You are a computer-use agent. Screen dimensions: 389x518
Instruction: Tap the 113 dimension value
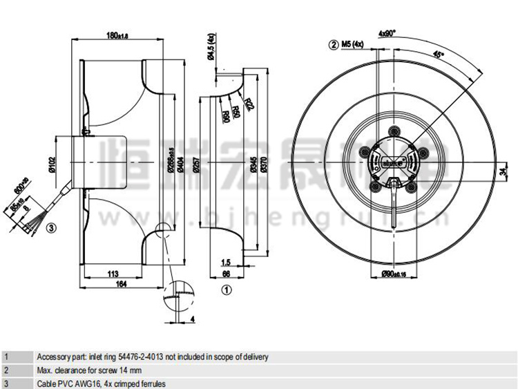112,274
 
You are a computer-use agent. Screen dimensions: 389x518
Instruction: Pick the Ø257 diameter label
195,164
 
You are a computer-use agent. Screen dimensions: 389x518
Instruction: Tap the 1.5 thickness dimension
226,263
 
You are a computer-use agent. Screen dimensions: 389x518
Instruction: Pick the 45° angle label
439,53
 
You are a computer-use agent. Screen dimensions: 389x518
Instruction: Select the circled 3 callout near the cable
50,225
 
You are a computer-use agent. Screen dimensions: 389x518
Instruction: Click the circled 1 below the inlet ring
224,291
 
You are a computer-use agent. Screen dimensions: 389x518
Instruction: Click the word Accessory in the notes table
53,357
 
